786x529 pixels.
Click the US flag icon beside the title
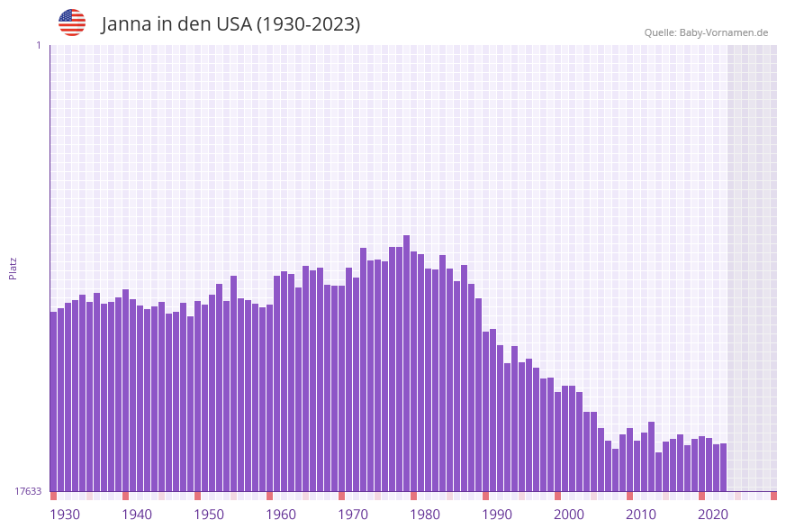[72, 23]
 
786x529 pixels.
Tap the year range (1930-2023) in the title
[308, 24]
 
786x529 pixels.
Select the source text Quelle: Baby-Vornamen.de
[706, 33]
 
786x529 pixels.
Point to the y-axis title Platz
[14, 268]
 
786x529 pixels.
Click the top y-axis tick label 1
[38, 45]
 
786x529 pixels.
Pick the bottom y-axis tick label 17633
[28, 491]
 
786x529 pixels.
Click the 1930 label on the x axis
[65, 515]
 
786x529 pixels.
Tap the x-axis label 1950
[209, 515]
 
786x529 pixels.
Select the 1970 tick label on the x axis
[353, 515]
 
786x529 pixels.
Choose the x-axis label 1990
[497, 515]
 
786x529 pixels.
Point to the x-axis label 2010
[641, 515]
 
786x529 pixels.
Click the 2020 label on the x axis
[713, 515]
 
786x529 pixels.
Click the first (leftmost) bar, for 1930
[54, 401]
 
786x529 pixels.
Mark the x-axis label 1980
[425, 515]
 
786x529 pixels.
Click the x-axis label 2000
[569, 515]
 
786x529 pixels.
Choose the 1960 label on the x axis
[281, 515]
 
